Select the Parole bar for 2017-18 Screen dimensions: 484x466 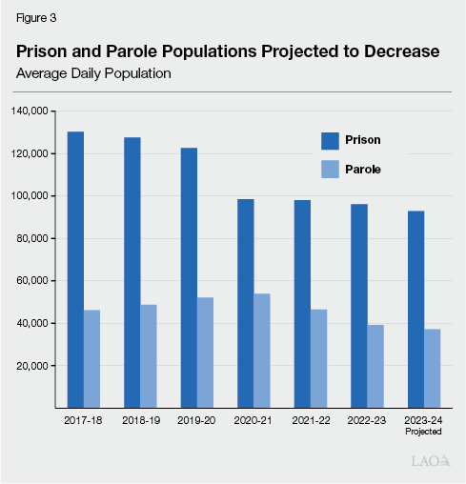92,358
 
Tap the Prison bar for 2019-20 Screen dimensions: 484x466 189,277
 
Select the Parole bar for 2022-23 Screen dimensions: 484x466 375,366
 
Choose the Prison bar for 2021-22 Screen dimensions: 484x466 302,304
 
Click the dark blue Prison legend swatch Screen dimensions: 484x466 331,140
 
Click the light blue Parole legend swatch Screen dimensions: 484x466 331,169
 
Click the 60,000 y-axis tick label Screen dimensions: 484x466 30,281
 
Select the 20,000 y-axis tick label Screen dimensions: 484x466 30,366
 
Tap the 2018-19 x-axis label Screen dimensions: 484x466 140,419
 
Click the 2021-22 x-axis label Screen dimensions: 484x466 311,419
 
